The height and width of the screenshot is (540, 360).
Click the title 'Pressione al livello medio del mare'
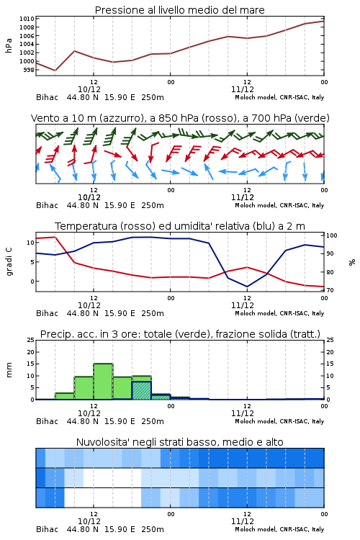pos(179,10)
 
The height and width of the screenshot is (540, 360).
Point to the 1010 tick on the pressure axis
pos(27,19)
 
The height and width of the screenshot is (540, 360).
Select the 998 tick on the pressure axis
pos(29,70)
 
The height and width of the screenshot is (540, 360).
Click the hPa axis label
pos(9,45)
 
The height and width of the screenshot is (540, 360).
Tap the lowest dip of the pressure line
pos(55,71)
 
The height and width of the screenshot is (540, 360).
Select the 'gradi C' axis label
pos(9,261)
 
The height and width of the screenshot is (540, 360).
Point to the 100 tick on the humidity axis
pos(332,235)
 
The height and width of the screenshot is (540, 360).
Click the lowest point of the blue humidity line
pos(247,287)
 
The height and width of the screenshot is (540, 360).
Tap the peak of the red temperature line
pos(55,237)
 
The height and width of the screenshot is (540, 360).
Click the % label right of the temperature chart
pos(352,262)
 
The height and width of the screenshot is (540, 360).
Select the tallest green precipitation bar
pos(103,381)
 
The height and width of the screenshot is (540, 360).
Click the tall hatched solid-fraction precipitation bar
pos(141,390)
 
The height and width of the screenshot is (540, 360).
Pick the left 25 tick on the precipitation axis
pos(31,340)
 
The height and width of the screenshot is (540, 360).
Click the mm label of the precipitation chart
pos(9,370)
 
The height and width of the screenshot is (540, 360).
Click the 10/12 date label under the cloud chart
pos(89,521)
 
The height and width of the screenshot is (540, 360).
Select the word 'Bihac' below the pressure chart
pos(48,97)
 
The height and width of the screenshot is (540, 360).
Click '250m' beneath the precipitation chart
pos(153,421)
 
